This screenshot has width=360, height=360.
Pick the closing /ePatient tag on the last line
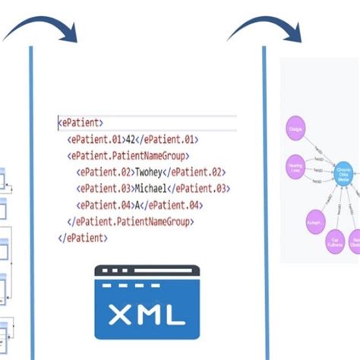pos(84,238)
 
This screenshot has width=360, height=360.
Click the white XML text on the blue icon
pos(147,313)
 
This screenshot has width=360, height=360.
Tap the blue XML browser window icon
pos(147,302)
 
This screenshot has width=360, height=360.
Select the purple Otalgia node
pos(296,128)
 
